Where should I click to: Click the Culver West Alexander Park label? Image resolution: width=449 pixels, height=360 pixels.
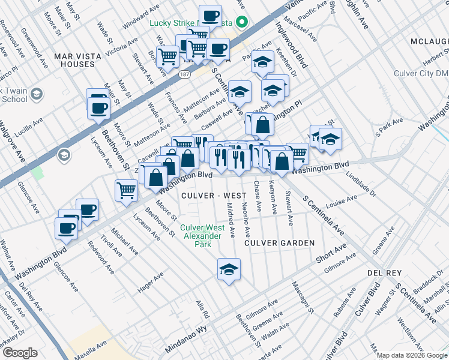point(203,236)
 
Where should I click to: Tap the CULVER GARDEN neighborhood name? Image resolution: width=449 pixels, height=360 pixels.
point(279,243)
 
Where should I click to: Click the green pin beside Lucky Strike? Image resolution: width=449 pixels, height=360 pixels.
point(243,24)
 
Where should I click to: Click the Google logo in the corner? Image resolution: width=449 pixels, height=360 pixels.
point(20,353)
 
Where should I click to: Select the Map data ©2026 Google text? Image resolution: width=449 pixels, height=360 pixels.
point(411,355)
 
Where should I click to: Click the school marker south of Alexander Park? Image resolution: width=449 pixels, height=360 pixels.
point(229,269)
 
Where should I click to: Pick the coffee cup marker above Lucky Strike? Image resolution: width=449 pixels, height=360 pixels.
point(210,16)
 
